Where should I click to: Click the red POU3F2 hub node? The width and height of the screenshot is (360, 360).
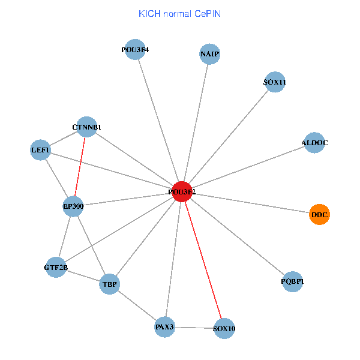[182, 191]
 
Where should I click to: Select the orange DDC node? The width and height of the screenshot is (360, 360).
[319, 214]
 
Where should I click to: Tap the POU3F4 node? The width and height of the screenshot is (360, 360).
[134, 50]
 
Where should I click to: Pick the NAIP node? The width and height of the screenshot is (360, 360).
[209, 55]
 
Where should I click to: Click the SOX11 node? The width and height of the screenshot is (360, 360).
[274, 82]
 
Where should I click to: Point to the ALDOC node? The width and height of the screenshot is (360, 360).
[314, 143]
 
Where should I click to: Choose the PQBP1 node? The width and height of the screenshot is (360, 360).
[292, 281]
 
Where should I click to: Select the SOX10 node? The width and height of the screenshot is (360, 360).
[224, 329]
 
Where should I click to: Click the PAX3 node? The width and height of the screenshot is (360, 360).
[164, 327]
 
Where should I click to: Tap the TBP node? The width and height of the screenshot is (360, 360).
[110, 284]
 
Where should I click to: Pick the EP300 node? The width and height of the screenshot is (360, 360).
[73, 206]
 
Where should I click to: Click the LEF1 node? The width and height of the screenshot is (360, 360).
[41, 149]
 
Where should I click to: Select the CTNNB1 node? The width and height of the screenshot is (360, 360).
[87, 127]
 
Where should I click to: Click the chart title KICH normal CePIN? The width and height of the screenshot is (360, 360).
[179, 13]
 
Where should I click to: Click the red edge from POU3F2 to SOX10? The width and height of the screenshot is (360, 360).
[203, 259]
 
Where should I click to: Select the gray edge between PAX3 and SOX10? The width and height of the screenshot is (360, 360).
[194, 328]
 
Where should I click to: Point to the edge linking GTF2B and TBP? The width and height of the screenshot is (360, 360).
[83, 276]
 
